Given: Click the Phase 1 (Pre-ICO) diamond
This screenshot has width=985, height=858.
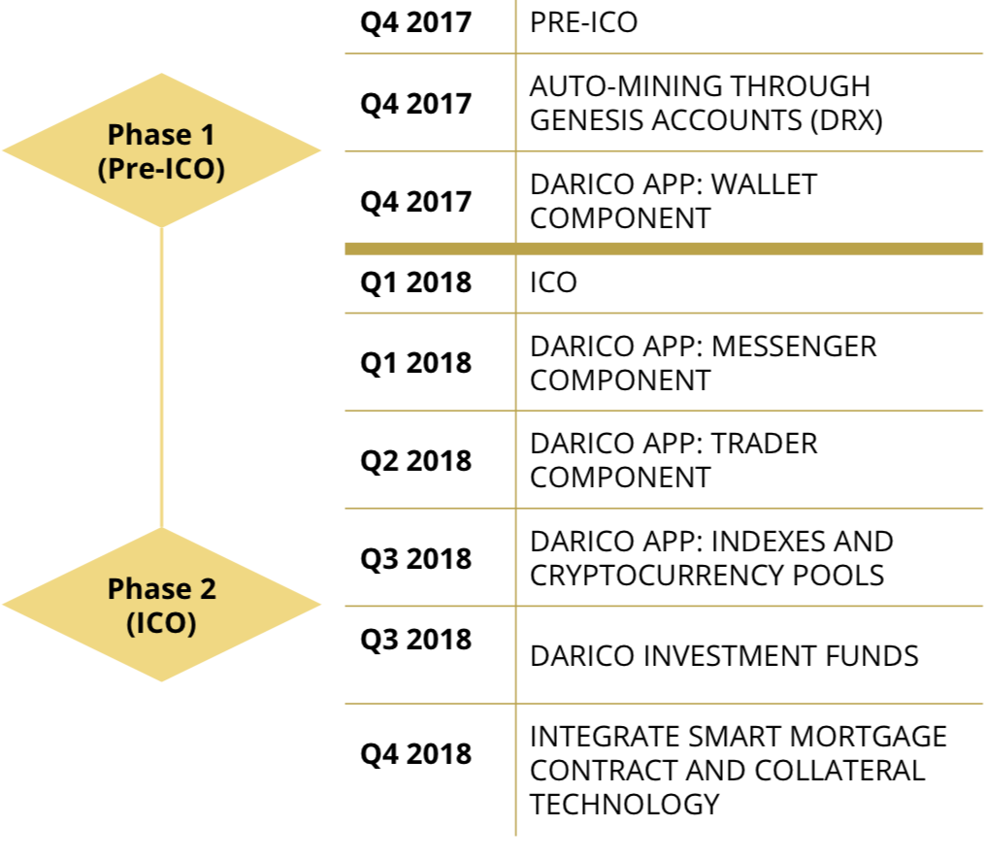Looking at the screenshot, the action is (161, 150).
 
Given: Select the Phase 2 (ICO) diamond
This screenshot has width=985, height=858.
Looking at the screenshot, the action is (161, 605).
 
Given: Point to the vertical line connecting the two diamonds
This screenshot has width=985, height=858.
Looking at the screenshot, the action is (161, 378).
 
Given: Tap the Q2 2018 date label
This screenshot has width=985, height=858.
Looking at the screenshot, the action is (416, 461).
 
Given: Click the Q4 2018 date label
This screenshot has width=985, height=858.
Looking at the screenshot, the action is (416, 754).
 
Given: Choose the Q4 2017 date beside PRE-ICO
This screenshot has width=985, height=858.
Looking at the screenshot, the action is (416, 22).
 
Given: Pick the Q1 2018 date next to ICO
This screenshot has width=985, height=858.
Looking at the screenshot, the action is (416, 282).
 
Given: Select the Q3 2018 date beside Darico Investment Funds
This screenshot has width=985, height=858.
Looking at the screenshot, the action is (416, 640).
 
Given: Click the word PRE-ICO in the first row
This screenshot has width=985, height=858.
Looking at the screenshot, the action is (583, 22).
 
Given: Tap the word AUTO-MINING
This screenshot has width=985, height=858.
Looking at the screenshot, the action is (630, 86).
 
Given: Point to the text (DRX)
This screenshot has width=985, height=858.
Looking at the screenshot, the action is (846, 120).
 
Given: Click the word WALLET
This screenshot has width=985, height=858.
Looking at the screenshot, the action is (763, 184).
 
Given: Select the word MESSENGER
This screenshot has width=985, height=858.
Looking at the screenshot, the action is (794, 346).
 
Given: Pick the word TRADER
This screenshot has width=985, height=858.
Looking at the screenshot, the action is (764, 444).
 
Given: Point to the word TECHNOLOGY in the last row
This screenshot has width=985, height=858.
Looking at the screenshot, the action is (624, 804).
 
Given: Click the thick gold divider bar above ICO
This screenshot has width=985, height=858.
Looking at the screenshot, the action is (664, 248).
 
